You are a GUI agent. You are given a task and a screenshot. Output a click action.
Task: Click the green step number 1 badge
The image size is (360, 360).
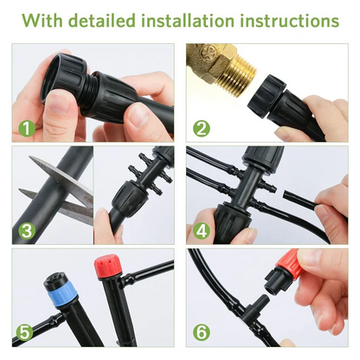click(x=26, y=128)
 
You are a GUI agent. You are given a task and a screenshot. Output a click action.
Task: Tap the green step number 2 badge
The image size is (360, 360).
click(x=200, y=128)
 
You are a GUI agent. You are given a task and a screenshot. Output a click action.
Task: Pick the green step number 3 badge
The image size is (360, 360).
click(x=26, y=230)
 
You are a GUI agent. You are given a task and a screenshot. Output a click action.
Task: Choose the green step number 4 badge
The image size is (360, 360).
click(x=200, y=230)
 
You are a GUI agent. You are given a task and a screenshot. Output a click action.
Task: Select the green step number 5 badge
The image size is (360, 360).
click(x=26, y=332)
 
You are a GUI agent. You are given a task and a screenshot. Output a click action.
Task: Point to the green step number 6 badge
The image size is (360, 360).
click(x=200, y=332)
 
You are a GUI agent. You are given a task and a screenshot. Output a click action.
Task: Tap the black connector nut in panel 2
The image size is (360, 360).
click(x=268, y=95)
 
